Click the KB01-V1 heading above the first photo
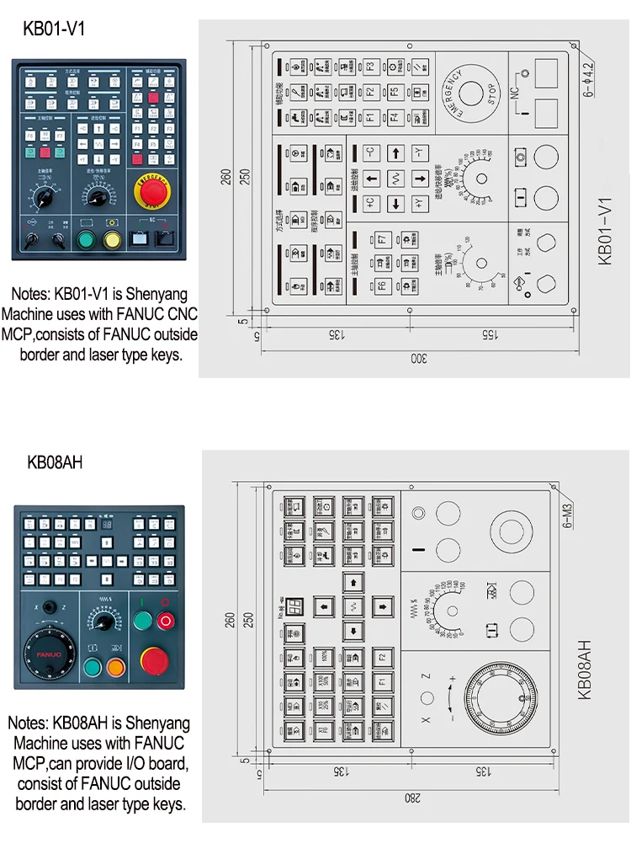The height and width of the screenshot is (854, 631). point(54,29)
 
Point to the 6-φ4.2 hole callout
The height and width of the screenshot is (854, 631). point(587,72)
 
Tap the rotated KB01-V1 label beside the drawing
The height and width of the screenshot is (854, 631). point(604,232)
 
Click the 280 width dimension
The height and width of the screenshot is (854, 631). point(411,798)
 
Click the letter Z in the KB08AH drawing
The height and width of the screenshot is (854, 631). point(426,675)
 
